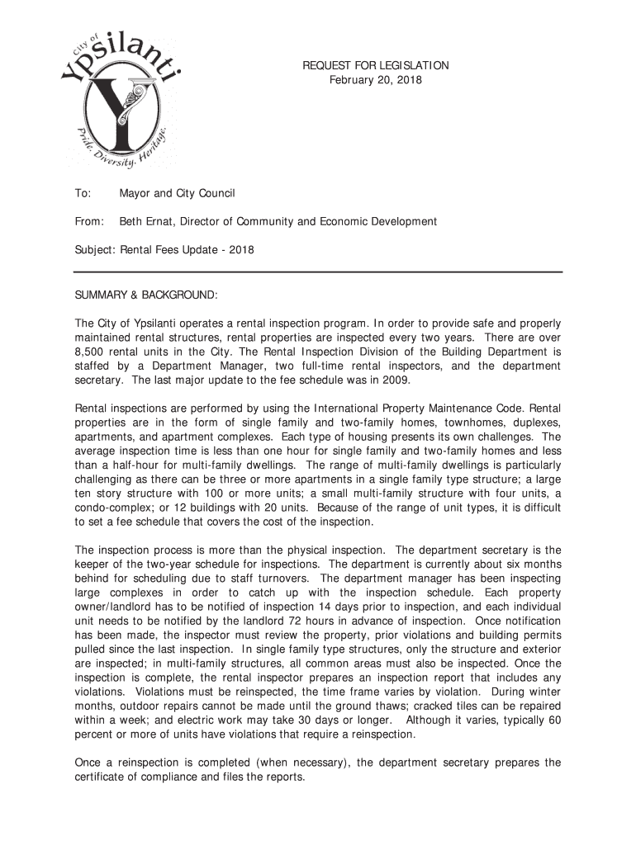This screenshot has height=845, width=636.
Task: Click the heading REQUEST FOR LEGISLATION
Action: coord(375,65)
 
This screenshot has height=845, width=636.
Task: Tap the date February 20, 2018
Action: coord(375,79)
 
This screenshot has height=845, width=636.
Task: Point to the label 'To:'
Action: coord(83,194)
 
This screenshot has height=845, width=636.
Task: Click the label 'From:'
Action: coord(90,222)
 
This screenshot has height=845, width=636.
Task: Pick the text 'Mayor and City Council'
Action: coord(178,194)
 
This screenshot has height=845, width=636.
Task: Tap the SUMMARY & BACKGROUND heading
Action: coord(147,295)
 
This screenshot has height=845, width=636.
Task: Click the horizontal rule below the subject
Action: coord(318,271)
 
